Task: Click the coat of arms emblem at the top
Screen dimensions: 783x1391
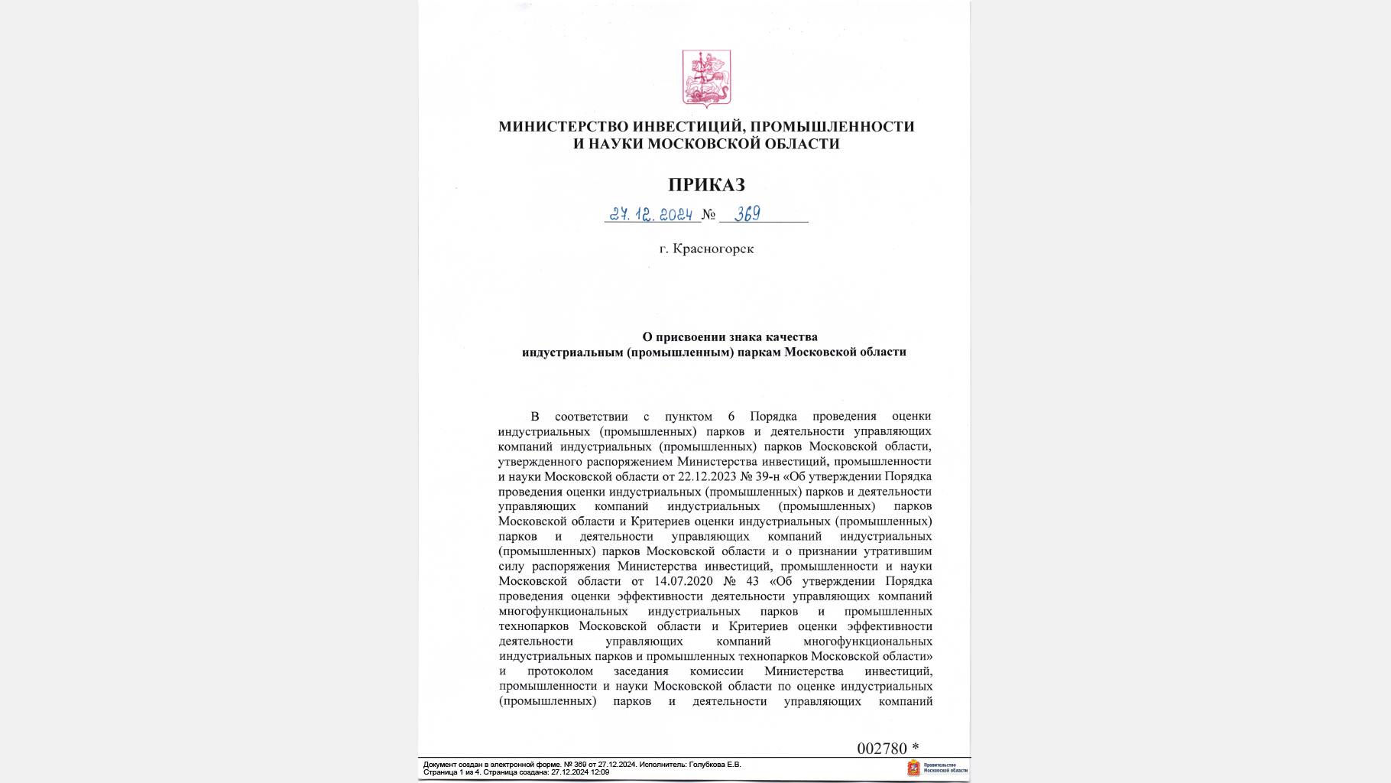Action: pyautogui.click(x=706, y=79)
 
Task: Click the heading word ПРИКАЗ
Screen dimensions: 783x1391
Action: pyautogui.click(x=706, y=185)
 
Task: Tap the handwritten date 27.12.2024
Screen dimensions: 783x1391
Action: pyautogui.click(x=651, y=215)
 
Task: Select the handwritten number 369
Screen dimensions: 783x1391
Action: pyautogui.click(x=747, y=214)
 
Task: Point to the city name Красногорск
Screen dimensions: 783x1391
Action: pyautogui.click(x=713, y=249)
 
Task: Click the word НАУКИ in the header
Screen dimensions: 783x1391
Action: pyautogui.click(x=616, y=144)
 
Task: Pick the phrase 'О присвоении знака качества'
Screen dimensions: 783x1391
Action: pyautogui.click(x=730, y=336)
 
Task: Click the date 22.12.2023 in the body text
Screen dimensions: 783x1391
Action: pyautogui.click(x=706, y=476)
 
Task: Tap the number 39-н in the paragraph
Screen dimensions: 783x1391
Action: pyautogui.click(x=767, y=476)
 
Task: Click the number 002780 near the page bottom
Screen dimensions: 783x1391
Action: pyautogui.click(x=881, y=749)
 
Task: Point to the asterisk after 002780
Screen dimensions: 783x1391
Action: pyautogui.click(x=915, y=747)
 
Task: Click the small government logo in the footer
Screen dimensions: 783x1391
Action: pyautogui.click(x=913, y=768)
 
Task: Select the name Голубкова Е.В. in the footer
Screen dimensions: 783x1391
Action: pyautogui.click(x=715, y=765)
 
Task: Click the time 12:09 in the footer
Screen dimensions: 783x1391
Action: pyautogui.click(x=600, y=772)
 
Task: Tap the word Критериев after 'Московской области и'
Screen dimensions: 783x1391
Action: pyautogui.click(x=660, y=521)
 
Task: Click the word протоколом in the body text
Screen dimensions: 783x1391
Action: pyautogui.click(x=560, y=671)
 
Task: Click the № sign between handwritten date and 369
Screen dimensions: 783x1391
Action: pyautogui.click(x=708, y=215)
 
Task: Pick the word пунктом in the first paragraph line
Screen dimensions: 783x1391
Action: pyautogui.click(x=688, y=417)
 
